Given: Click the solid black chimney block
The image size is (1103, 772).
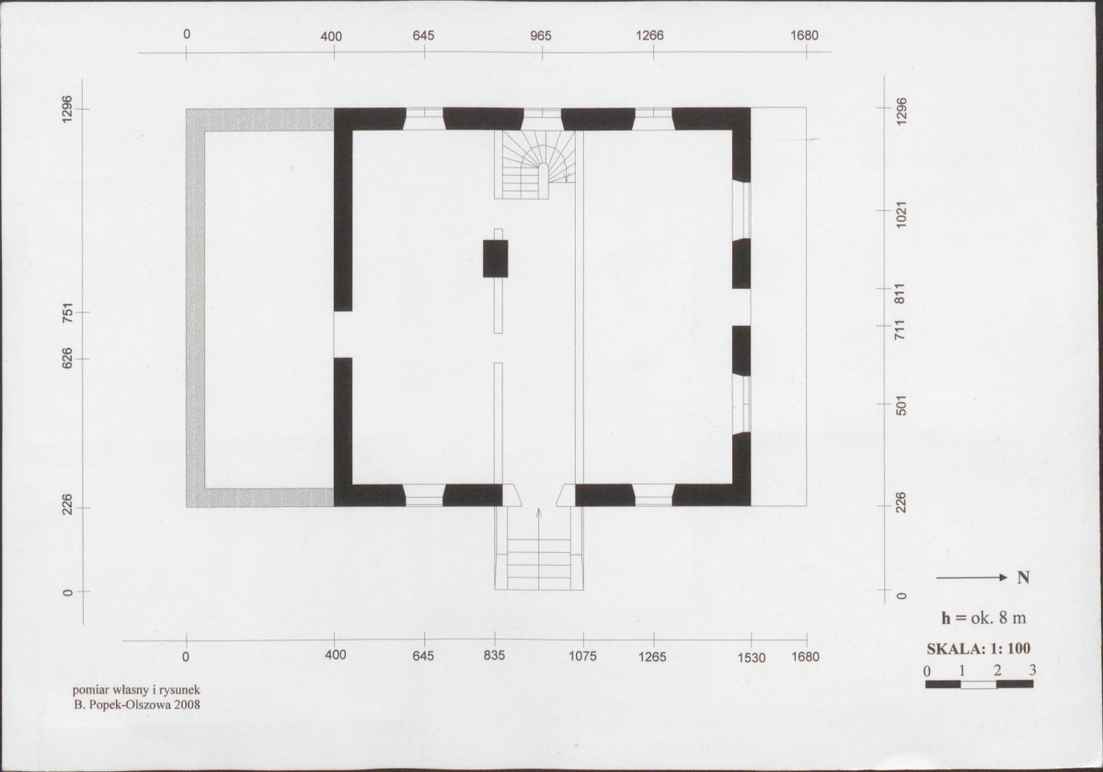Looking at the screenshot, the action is tap(495, 259).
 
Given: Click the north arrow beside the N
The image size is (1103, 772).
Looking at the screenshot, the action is tap(972, 578).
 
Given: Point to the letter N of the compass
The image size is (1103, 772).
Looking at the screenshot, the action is tap(1024, 578).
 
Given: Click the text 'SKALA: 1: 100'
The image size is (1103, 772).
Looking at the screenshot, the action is tap(979, 648).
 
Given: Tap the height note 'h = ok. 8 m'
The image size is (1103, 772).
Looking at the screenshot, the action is tap(983, 618).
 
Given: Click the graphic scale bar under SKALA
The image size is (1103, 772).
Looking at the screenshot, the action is tap(979, 684).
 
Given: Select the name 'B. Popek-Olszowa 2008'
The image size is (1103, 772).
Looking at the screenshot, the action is tap(137, 705).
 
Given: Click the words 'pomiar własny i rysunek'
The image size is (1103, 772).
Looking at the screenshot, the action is tap(136, 691).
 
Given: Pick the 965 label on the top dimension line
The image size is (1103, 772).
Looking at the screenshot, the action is tap(541, 36).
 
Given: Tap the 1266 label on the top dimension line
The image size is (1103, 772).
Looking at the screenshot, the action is tap(649, 35).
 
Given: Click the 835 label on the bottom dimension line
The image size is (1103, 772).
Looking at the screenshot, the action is tap(495, 656).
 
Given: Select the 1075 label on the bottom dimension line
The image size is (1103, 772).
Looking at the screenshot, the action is tap(582, 656).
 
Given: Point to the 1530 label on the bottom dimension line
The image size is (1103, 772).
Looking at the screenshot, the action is tap(752, 657).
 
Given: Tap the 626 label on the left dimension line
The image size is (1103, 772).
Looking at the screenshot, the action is tap(67, 359).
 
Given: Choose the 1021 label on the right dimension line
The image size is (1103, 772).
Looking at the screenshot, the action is tap(902, 214).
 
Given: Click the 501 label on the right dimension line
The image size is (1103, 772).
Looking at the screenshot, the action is tap(902, 406).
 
